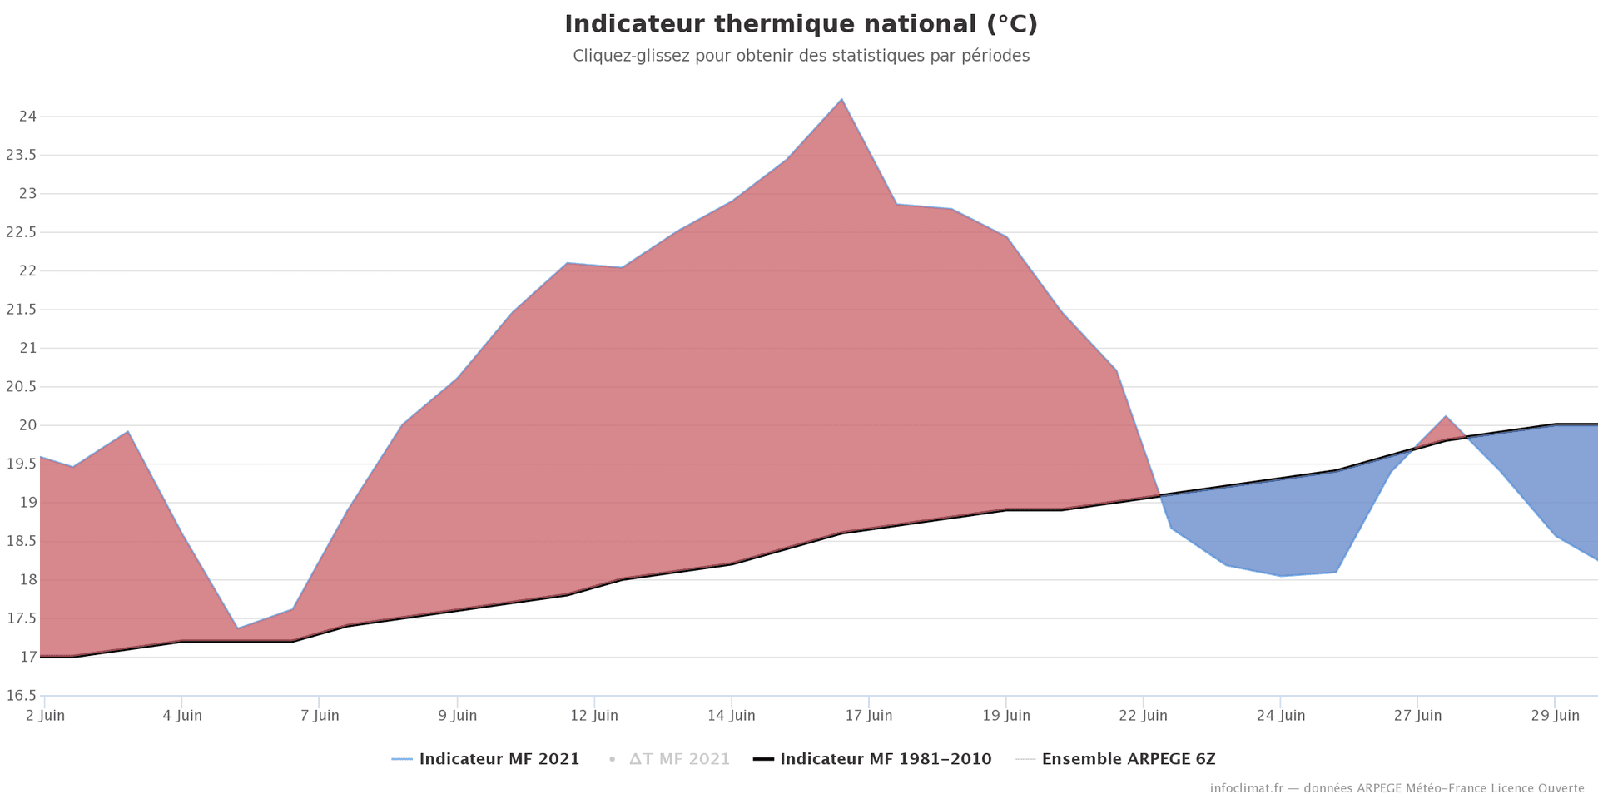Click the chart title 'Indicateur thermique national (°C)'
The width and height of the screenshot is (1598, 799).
coord(801,24)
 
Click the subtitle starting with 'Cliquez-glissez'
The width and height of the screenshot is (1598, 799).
coord(801,56)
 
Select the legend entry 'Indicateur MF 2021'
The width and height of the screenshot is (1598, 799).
coord(499,759)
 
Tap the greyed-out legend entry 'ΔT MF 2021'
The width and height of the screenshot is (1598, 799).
coord(679,759)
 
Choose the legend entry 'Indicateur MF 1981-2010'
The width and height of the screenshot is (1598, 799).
coord(885,759)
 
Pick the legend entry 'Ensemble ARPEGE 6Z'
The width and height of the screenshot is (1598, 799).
coord(1128,759)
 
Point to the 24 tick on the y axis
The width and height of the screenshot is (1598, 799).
coord(27,117)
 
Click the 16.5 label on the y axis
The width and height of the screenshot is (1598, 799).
coord(21,696)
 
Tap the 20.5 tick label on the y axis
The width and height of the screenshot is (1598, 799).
coord(21,387)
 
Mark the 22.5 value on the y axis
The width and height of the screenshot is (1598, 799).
coord(21,232)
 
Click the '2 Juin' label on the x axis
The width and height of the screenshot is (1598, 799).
coord(46,716)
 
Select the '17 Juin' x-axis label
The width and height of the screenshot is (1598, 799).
coord(869,716)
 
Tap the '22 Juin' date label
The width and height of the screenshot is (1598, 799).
coord(1144,716)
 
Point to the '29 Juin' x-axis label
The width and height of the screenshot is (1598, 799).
coord(1555,716)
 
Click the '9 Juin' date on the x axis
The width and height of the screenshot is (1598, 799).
coord(458,716)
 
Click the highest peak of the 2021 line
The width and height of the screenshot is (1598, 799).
coord(841,99)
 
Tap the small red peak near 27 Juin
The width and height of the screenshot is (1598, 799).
coord(1446,417)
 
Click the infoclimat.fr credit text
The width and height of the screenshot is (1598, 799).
coord(1397,788)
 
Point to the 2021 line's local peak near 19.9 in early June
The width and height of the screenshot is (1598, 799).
coord(127,431)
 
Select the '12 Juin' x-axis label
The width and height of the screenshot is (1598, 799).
coord(594,716)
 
